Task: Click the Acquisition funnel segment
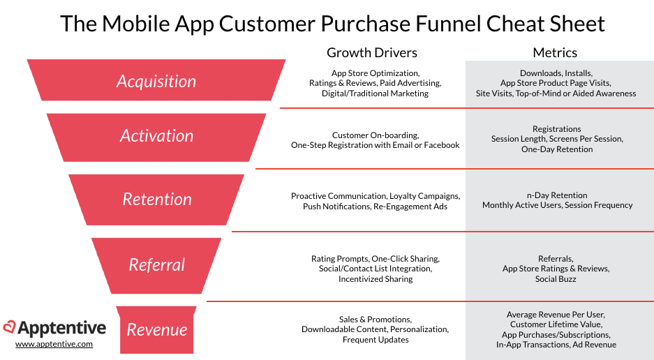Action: [156, 80]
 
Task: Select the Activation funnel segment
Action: [156, 137]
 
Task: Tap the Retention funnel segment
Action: [156, 200]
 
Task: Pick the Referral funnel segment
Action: [156, 266]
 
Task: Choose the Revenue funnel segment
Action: [156, 329]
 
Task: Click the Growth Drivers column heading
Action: [371, 53]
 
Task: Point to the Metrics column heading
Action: [555, 52]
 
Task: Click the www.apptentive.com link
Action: [54, 344]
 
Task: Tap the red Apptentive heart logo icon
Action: [9, 327]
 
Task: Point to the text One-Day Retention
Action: [557, 149]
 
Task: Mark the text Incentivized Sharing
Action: [376, 279]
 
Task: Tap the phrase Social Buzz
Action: [556, 279]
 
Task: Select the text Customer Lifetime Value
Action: [556, 324]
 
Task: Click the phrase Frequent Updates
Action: [376, 340]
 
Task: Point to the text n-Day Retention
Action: [557, 195]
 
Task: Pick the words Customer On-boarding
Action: [376, 135]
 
